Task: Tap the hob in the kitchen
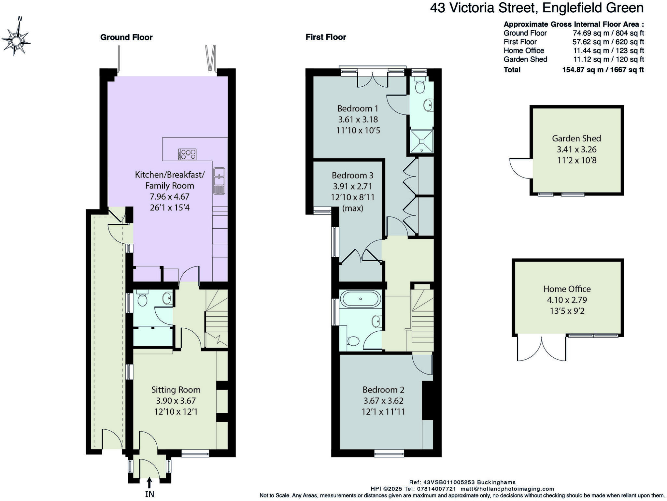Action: (x=187, y=154)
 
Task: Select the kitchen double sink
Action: (x=220, y=181)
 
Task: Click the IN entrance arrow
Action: (x=149, y=483)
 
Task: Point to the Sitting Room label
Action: (x=176, y=390)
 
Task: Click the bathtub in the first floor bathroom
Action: (x=360, y=299)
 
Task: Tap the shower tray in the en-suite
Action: (x=422, y=141)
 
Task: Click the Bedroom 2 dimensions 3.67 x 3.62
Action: (x=383, y=401)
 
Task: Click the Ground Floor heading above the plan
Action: (x=126, y=37)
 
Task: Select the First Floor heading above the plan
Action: (x=326, y=37)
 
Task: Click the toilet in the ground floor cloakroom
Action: (x=142, y=299)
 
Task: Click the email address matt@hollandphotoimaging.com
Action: (x=507, y=489)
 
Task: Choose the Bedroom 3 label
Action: (x=352, y=176)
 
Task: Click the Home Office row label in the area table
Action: (x=524, y=50)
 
